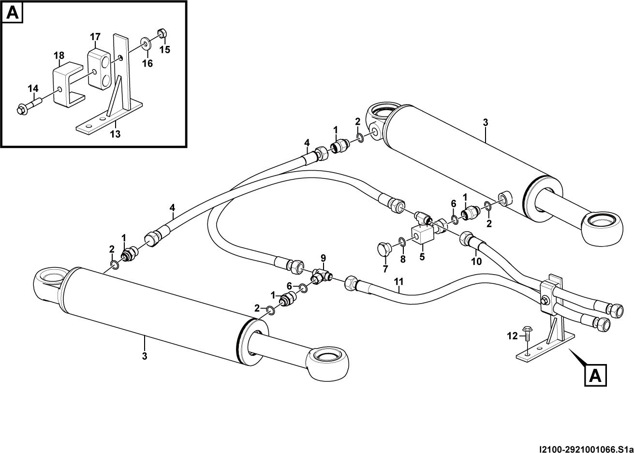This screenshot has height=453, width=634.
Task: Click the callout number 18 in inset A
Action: [x=59, y=56]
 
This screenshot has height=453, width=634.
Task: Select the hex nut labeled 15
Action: [x=162, y=33]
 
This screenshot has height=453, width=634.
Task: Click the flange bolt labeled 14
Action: [x=29, y=105]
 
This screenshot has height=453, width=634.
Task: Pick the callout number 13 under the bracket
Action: [x=115, y=134]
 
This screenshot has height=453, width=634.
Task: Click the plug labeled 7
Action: [x=384, y=248]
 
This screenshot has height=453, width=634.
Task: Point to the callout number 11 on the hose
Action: [x=398, y=281]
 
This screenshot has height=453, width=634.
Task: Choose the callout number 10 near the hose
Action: [x=476, y=261]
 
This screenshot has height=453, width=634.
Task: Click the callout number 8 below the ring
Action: [x=402, y=259]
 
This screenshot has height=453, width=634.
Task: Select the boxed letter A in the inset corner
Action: [x=13, y=13]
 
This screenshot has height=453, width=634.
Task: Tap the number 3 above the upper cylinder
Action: [x=486, y=122]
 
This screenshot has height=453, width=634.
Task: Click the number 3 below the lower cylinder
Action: [x=144, y=356]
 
